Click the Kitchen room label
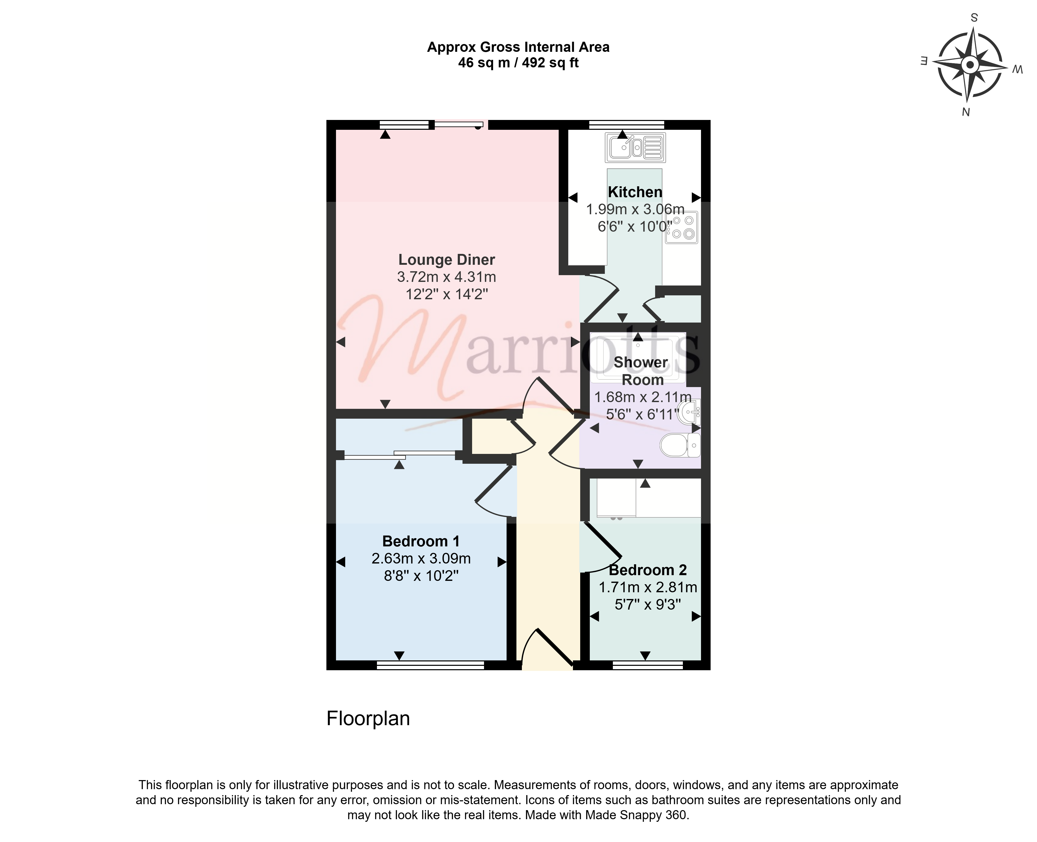point(635,192)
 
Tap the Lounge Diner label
point(446,260)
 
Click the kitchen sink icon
point(635,147)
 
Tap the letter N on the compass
point(966,112)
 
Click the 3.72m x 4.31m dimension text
point(446,277)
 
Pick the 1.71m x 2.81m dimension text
point(648,587)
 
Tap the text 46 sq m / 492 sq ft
point(518,63)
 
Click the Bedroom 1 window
point(430,665)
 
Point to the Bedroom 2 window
point(648,665)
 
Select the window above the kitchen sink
point(626,125)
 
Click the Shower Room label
point(641,371)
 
